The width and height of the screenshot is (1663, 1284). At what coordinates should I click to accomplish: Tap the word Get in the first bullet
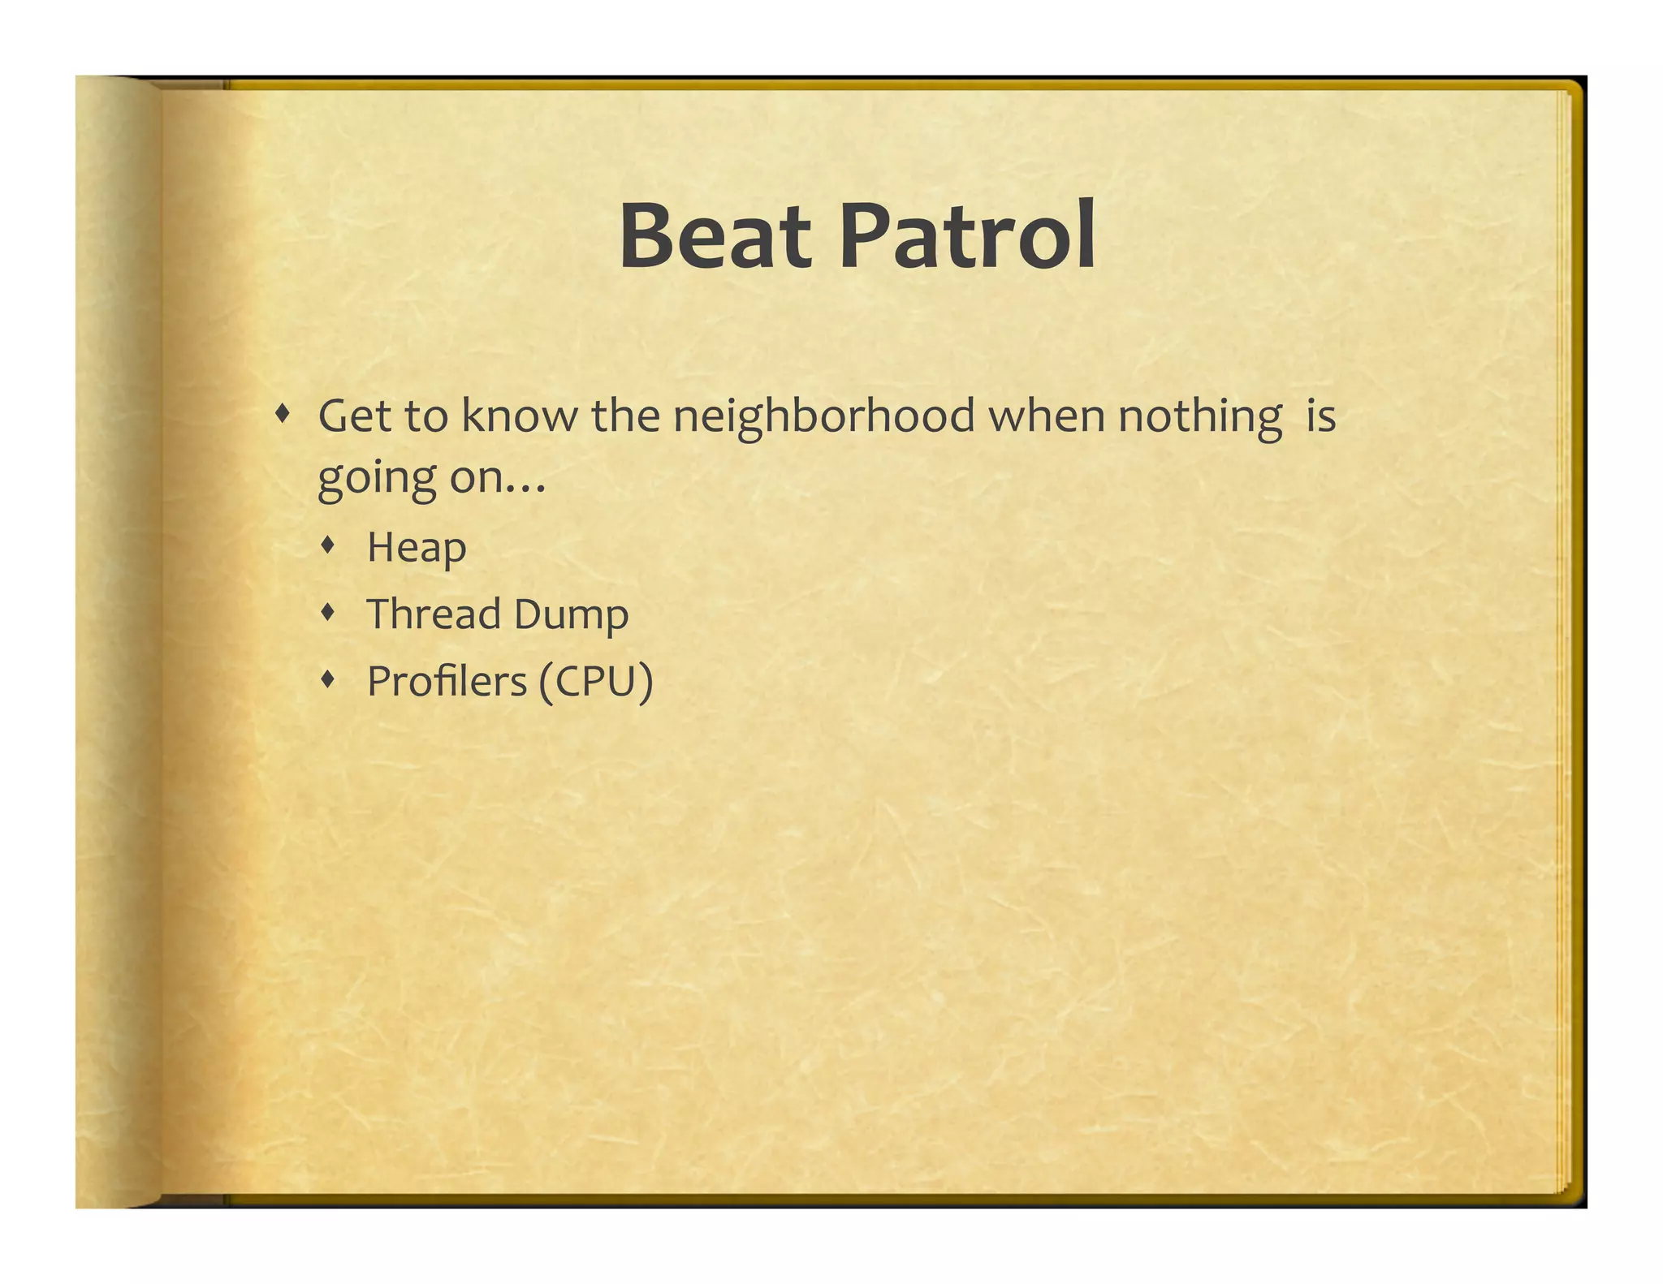354,416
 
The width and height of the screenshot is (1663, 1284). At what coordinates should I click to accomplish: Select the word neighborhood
823,417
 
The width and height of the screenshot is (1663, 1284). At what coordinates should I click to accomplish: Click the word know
520,416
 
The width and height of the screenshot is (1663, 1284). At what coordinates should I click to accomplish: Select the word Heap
417,548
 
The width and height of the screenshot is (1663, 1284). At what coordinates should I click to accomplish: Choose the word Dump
571,615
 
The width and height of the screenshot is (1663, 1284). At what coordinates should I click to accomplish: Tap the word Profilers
447,681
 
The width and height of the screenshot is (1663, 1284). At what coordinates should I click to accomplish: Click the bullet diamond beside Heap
328,545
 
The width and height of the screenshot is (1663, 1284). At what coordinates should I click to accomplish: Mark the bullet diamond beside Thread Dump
328,612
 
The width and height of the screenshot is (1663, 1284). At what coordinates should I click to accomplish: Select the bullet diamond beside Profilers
328,679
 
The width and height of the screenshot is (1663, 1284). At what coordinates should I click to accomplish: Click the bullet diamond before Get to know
282,414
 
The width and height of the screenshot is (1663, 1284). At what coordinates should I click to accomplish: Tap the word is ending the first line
1321,416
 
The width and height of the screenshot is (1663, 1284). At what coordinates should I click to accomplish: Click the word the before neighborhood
625,416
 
